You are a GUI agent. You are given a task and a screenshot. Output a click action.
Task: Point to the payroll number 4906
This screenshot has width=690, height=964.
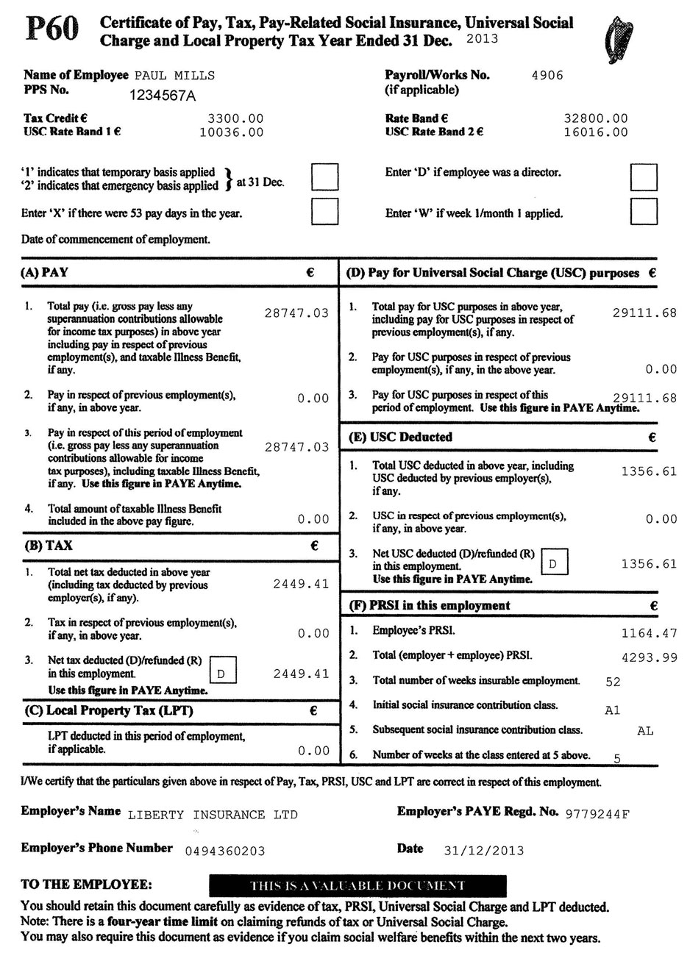(x=547, y=74)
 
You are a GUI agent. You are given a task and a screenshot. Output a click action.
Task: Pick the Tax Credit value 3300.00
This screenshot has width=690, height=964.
(x=235, y=118)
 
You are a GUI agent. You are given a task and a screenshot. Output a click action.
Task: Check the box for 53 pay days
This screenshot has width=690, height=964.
(x=325, y=212)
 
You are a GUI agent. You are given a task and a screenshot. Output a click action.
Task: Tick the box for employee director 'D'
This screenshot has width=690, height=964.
(x=644, y=177)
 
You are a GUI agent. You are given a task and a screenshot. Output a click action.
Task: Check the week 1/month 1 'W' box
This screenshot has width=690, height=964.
(x=644, y=212)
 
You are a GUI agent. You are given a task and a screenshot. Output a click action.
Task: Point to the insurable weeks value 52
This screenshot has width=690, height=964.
(x=613, y=682)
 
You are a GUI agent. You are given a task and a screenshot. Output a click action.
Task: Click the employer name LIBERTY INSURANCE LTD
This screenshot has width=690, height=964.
(x=213, y=814)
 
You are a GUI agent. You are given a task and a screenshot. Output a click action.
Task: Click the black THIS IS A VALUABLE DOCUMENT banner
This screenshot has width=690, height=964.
(x=358, y=885)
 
